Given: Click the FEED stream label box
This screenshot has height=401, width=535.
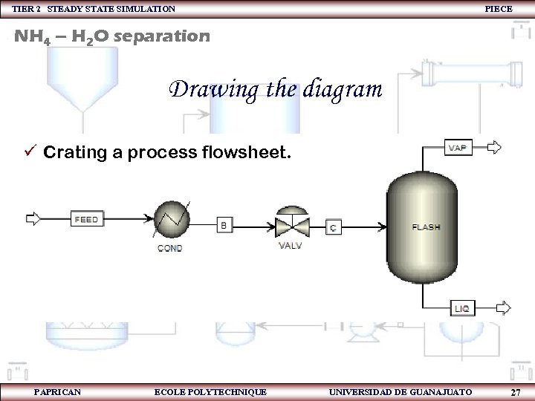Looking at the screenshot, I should point(87,219).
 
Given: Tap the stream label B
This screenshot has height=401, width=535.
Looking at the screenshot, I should point(224,224).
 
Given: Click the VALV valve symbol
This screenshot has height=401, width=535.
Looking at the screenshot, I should point(290,225).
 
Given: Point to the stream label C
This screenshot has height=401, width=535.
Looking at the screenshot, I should point(334,227).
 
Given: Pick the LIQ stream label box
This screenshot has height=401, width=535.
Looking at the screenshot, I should point(461,307).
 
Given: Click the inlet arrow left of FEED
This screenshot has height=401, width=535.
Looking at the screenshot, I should point(34,219).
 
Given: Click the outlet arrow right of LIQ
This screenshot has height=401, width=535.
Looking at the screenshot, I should point(503,307).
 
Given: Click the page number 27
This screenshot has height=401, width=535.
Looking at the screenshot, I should point(515,391).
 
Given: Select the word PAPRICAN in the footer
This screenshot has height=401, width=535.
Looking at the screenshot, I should point(58,391).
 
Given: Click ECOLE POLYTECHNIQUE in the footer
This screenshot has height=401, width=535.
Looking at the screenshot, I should point(210,391).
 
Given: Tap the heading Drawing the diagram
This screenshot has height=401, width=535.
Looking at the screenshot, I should point(276,90).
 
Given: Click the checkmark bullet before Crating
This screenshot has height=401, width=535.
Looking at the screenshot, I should point(30,153).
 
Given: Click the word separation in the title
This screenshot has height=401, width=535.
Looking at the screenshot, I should point(163,35).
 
